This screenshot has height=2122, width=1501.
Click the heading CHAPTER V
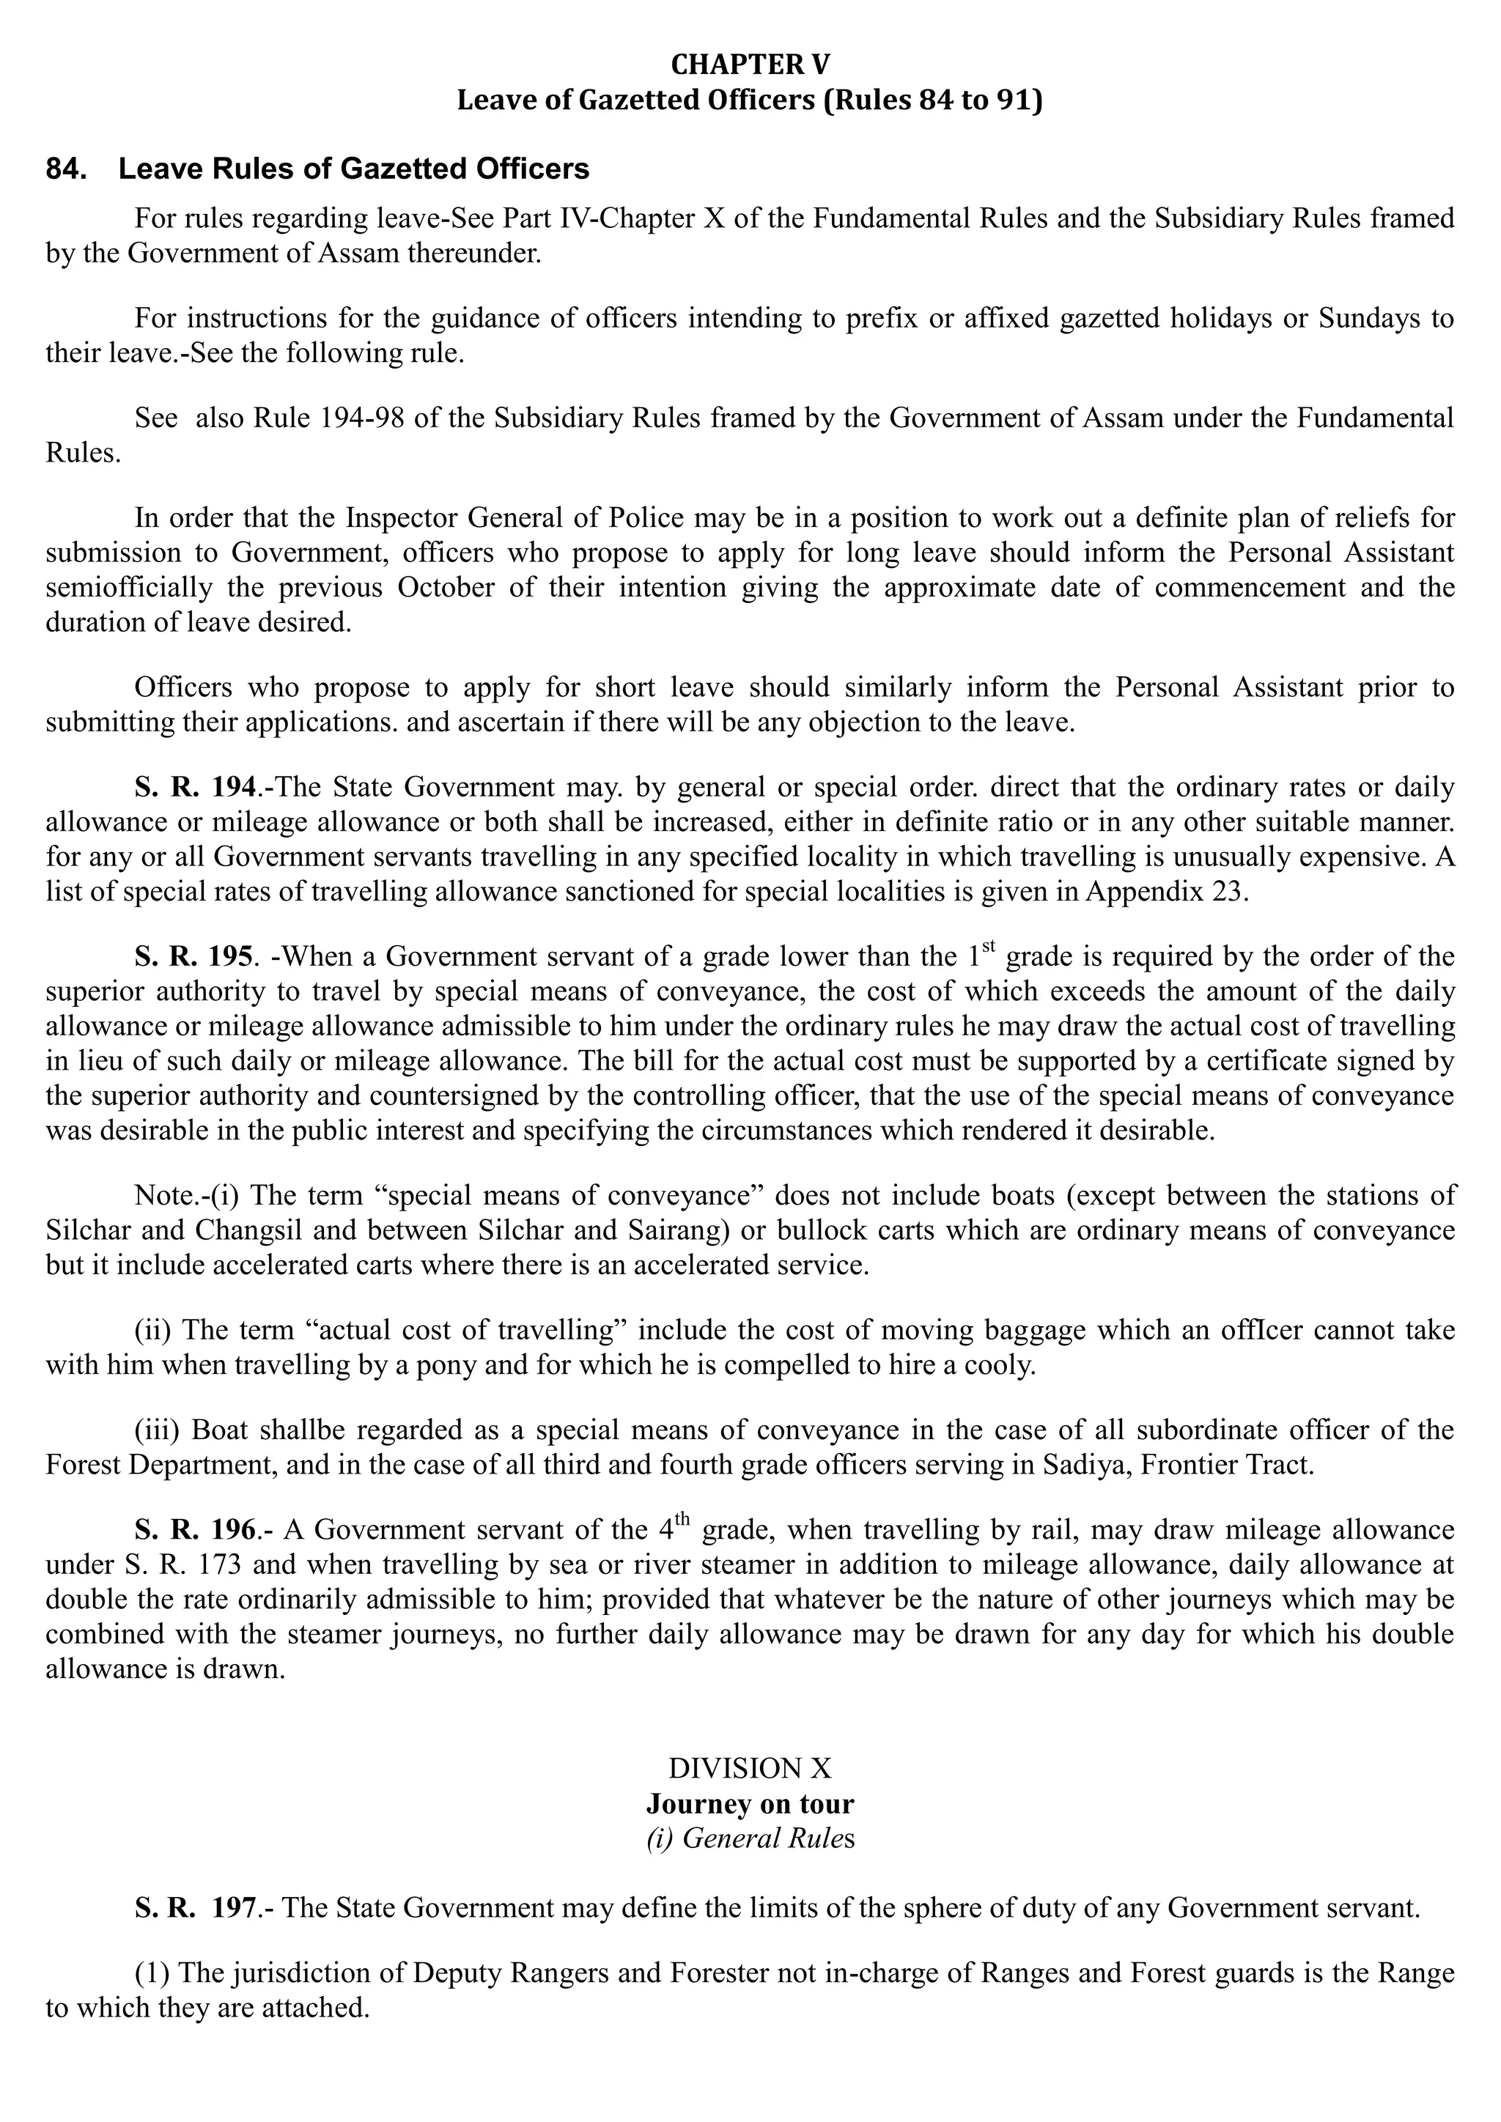750,64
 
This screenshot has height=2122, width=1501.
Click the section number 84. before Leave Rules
66,169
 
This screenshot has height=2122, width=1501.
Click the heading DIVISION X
750,1769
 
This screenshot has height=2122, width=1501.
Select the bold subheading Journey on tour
750,1804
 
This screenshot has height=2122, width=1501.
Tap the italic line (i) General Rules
750,1839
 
